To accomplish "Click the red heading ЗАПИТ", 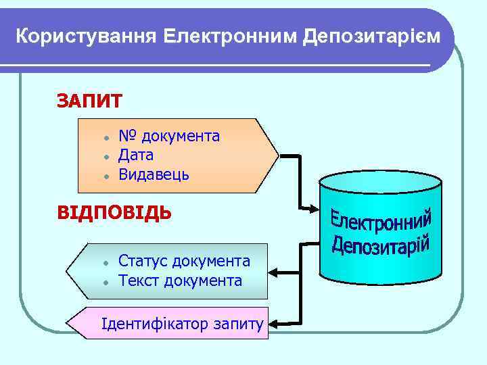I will [89, 101].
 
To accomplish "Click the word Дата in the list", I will [136, 155].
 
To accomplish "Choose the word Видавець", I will [154, 175].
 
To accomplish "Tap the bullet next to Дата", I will [106, 156].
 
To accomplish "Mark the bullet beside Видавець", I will [106, 176].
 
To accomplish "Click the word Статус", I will [143, 261].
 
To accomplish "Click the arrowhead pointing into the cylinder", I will [317, 208].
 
